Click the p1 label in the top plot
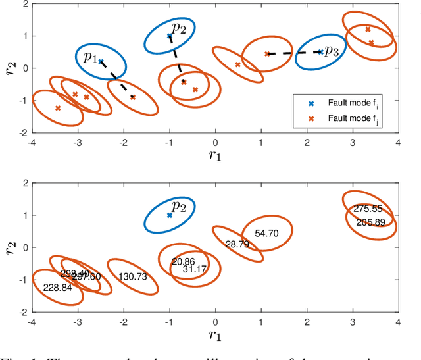tap(90, 58)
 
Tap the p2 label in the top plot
tap(180, 28)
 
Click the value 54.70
tap(267, 234)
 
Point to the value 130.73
tap(132, 277)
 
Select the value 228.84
tap(57, 288)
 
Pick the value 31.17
tap(195, 269)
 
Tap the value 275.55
tap(368, 209)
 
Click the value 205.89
tap(370, 222)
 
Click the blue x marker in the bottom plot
tap(170, 215)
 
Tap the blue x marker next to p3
tap(320, 52)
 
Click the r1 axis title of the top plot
tap(214, 156)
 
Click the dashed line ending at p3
tap(293, 53)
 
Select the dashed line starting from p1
tap(117, 79)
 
